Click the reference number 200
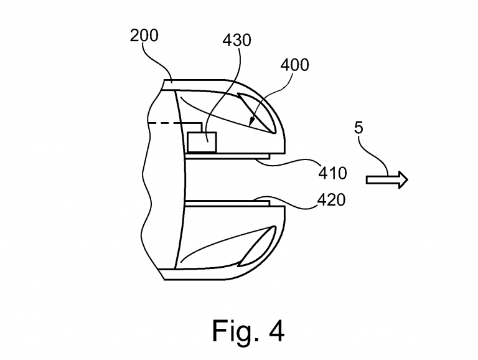tap(144, 35)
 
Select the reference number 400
tap(295, 65)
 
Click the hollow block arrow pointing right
tap(387, 180)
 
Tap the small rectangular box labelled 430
tap(202, 143)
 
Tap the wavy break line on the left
tap(148, 187)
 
